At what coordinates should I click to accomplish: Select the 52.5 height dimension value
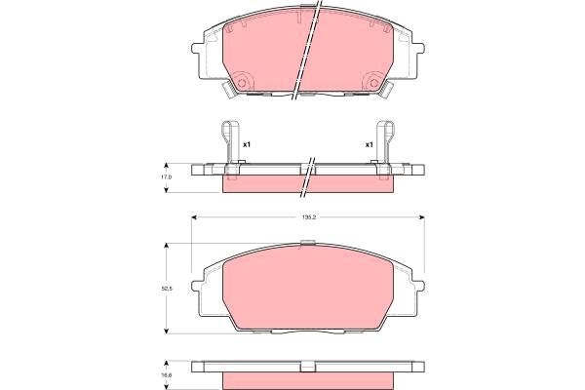167,289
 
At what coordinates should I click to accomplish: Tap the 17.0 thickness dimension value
167,177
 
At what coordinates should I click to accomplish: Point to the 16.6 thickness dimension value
167,372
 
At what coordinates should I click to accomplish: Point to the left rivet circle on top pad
244,81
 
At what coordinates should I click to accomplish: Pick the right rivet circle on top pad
374,81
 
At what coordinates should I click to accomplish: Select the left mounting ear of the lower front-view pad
198,290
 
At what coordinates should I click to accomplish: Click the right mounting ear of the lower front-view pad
422,290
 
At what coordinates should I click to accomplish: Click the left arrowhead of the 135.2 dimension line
195,215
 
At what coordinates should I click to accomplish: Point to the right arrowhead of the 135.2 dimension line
425,215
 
